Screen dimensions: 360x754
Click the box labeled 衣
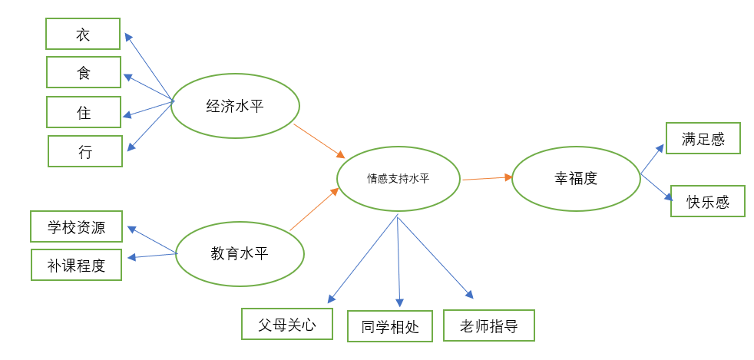coord(83,34)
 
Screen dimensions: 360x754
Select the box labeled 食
coord(83,73)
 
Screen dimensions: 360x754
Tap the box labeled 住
coord(83,112)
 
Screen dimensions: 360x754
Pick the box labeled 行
coord(84,151)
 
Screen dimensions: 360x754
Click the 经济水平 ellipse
coord(235,105)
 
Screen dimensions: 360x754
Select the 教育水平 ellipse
coord(240,253)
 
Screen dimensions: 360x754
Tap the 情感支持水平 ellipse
coord(398,179)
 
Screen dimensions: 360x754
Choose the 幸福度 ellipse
coord(576,178)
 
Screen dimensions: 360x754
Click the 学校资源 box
coord(76,226)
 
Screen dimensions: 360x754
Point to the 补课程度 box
coord(76,265)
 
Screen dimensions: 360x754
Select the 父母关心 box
coord(287,324)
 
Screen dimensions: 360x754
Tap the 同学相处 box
coord(390,326)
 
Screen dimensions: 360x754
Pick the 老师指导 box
coord(488,325)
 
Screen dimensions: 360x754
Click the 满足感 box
coord(703,138)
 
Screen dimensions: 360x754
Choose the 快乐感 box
coord(708,201)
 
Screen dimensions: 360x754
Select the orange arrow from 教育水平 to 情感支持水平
coord(315,209)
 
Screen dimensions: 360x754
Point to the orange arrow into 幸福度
coord(487,178)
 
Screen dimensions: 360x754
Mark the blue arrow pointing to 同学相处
coord(398,261)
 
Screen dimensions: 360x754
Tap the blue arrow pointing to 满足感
coord(653,157)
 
